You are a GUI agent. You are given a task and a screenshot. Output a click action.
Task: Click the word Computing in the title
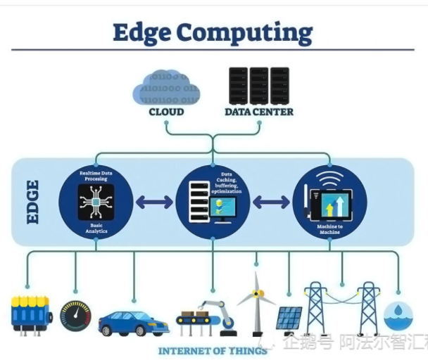click(244, 33)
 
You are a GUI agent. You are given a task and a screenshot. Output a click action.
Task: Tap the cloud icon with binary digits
click(166, 86)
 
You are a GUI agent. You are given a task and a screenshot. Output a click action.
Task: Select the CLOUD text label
click(166, 112)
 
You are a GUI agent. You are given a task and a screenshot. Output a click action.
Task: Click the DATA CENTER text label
click(259, 112)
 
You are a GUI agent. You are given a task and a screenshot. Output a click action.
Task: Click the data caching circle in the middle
click(213, 203)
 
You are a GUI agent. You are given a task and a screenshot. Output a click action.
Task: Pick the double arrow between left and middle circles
click(154, 202)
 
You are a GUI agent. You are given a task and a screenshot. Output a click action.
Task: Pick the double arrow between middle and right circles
click(271, 202)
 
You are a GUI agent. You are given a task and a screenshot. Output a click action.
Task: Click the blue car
click(134, 323)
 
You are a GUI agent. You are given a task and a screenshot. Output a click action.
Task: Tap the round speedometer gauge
click(75, 317)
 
